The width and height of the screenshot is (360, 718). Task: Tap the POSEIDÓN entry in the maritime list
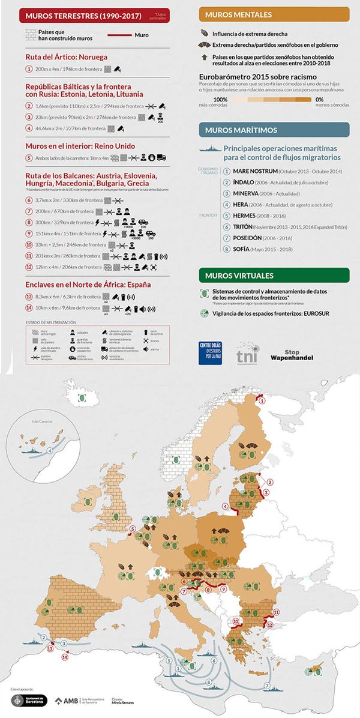tap(253, 238)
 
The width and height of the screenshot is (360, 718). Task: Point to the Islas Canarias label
tap(34, 422)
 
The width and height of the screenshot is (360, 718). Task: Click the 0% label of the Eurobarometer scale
tap(320, 99)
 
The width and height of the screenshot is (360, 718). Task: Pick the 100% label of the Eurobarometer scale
tap(220, 99)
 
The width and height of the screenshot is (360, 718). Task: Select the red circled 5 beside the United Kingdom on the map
tap(133, 528)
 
